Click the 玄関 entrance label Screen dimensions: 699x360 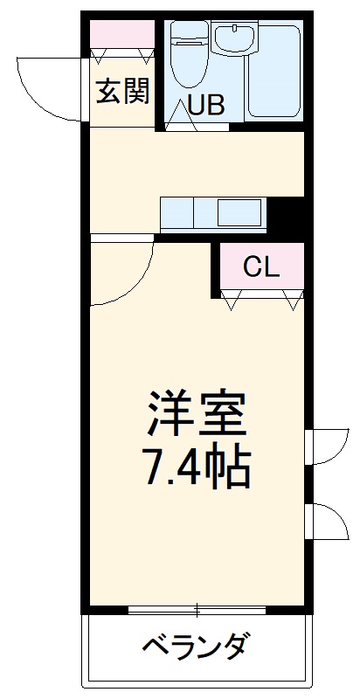[x=122, y=92]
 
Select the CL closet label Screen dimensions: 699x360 [x=261, y=267]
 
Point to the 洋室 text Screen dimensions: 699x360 [x=196, y=413]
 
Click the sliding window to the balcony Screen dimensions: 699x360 [x=196, y=609]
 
